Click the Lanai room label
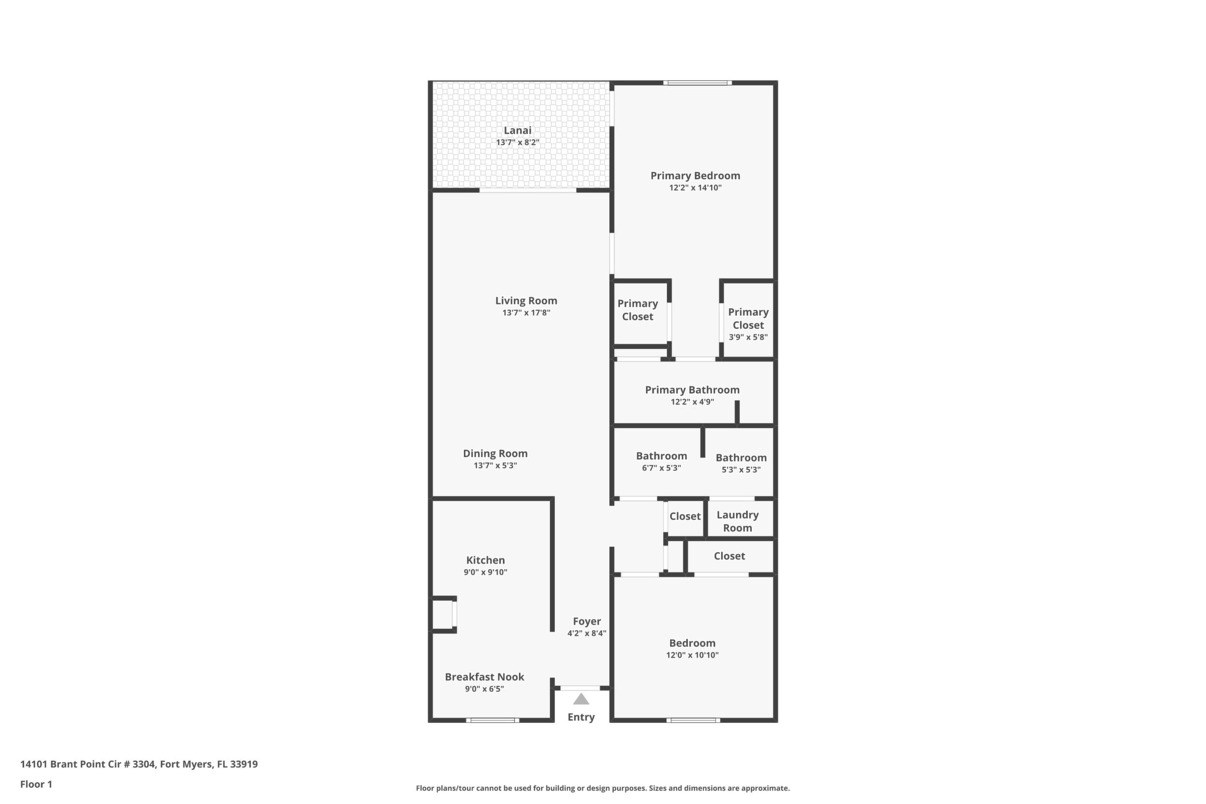517,130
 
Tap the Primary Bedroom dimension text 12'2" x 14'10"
695,187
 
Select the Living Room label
526,301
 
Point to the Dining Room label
495,454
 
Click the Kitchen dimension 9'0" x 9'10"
486,572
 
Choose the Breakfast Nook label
485,677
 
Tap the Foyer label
587,621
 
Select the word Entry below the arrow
581,718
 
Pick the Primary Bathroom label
692,390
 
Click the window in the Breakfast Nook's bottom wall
493,720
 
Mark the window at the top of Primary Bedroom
697,83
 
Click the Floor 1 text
36,784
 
